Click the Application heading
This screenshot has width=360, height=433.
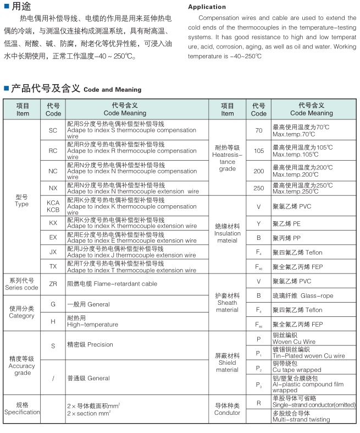(x=207, y=7)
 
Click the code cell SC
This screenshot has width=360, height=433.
(x=53, y=130)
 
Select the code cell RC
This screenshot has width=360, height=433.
(x=53, y=151)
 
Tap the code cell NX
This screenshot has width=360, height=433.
(x=53, y=188)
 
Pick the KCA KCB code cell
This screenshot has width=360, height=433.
(x=53, y=206)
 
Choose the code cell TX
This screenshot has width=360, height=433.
(x=53, y=266)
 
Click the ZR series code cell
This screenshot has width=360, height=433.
(x=53, y=284)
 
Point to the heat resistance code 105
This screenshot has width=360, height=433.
(x=258, y=151)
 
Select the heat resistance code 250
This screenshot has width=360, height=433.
(x=258, y=188)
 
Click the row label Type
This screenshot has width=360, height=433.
(x=22, y=200)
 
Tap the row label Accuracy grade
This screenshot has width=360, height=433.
(x=22, y=366)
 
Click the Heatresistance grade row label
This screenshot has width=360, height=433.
(x=227, y=158)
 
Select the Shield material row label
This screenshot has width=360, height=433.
(x=227, y=363)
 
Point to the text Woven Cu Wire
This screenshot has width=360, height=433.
(x=294, y=342)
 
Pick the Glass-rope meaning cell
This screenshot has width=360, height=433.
(x=303, y=295)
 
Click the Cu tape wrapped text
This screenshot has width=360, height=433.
(x=297, y=370)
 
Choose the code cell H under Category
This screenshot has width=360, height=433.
(x=53, y=321)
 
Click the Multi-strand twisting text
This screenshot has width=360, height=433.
(x=301, y=419)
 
